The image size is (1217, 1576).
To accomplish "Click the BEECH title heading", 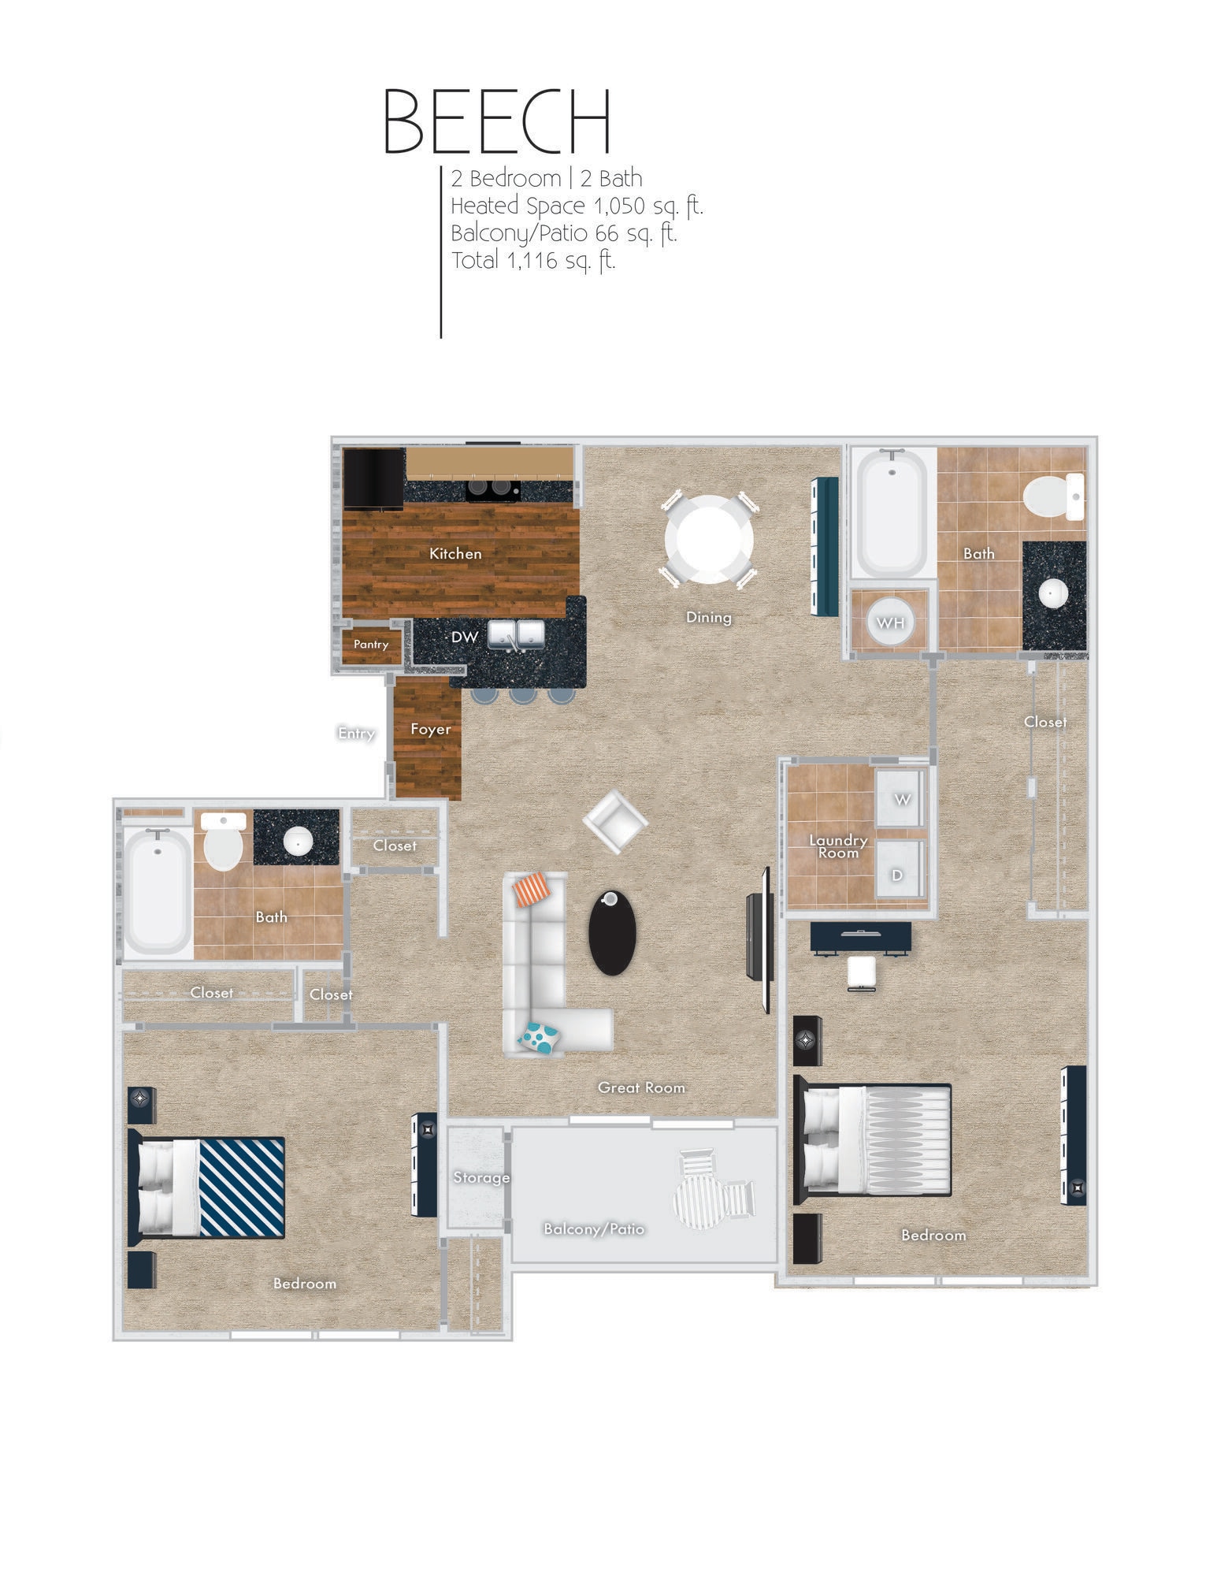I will pyautogui.click(x=497, y=121).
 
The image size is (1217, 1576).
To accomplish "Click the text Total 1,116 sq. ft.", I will pyautogui.click(x=532, y=260).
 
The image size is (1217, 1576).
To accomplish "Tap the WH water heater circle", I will pyautogui.click(x=890, y=623).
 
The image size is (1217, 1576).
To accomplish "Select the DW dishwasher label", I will pyautogui.click(x=464, y=636).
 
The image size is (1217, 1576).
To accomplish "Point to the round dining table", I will pyautogui.click(x=708, y=539).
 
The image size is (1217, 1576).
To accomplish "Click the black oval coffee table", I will pyautogui.click(x=611, y=932).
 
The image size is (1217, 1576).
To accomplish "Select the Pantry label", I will pyautogui.click(x=370, y=644).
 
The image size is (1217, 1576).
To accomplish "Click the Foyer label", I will pyautogui.click(x=430, y=729).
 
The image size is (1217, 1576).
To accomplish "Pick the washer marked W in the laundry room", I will pyautogui.click(x=901, y=798).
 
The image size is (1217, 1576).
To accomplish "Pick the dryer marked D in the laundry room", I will pyautogui.click(x=897, y=873).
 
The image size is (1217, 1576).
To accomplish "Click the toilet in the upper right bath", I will pyautogui.click(x=1052, y=497).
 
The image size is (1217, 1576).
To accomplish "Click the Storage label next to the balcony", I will pyautogui.click(x=480, y=1177).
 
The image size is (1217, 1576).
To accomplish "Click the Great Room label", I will pyautogui.click(x=640, y=1087).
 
